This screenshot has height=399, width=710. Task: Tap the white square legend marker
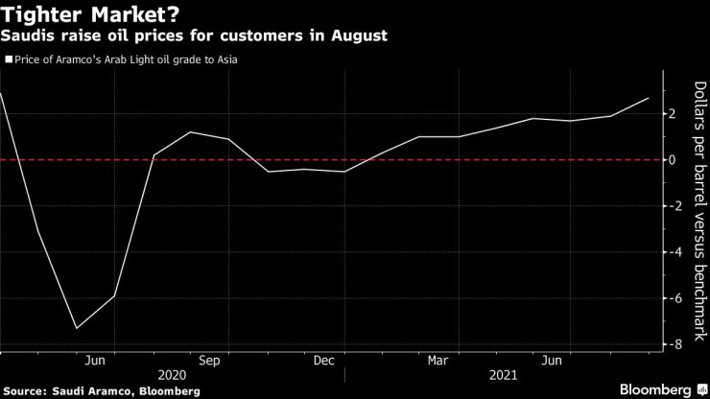coord(9,59)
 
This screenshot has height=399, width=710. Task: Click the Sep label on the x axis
coord(210,361)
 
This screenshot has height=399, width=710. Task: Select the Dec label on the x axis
coord(323,361)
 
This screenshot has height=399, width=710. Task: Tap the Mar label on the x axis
coord(438,361)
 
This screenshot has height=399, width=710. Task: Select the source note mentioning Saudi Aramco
coord(102,391)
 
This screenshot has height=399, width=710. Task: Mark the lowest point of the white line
coord(77,328)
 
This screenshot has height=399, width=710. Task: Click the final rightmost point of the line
coord(649,98)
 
